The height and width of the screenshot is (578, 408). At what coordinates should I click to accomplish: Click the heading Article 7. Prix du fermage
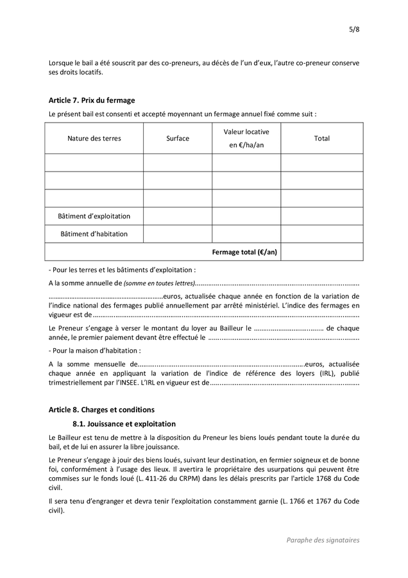pyautogui.click(x=92, y=100)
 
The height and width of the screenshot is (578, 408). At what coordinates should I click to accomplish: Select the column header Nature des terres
pyautogui.click(x=94, y=138)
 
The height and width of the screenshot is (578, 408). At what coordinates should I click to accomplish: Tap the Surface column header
pyautogui.click(x=178, y=138)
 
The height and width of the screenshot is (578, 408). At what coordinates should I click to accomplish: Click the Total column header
pyautogui.click(x=321, y=138)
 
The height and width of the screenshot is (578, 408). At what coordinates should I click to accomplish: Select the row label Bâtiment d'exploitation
pyautogui.click(x=94, y=216)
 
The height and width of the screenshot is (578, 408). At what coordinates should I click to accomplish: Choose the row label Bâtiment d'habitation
pyautogui.click(x=94, y=234)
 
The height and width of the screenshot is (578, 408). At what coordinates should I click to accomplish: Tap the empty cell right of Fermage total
pyautogui.click(x=321, y=252)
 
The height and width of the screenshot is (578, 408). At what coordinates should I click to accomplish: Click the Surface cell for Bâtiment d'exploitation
pyautogui.click(x=178, y=216)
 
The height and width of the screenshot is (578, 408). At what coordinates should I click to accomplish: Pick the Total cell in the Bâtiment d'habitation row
pyautogui.click(x=321, y=234)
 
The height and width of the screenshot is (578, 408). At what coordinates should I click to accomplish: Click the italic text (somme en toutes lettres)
pyautogui.click(x=158, y=283)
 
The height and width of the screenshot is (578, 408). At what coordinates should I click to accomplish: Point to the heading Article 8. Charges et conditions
pyautogui.click(x=101, y=409)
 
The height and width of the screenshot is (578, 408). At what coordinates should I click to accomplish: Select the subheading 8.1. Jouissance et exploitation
pyautogui.click(x=124, y=424)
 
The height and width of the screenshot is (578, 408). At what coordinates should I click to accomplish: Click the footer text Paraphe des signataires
pyautogui.click(x=323, y=540)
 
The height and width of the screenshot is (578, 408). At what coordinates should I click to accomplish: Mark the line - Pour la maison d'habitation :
pyautogui.click(x=94, y=351)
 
